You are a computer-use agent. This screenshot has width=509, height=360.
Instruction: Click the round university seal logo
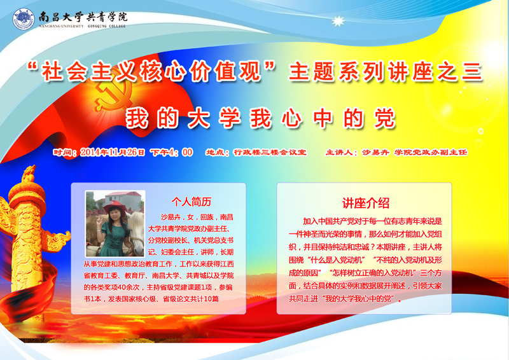[x=24, y=19]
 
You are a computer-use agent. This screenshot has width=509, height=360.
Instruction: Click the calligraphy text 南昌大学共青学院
[x=83, y=17]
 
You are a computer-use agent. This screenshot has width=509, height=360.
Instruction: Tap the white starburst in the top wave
[x=338, y=21]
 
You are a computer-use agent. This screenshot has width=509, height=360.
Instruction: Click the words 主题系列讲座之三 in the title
[x=385, y=72]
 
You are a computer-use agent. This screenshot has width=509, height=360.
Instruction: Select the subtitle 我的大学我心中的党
[x=260, y=118]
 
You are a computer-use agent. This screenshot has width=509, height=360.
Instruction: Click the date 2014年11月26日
[x=113, y=152]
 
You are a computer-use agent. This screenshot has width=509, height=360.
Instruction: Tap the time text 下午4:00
[x=171, y=152]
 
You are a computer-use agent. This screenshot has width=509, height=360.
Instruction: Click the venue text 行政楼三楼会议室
[x=270, y=152]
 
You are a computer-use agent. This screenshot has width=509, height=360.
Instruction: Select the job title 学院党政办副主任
[x=431, y=152]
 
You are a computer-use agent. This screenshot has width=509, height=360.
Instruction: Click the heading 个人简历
[x=192, y=202]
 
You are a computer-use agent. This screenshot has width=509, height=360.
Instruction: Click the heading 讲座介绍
[x=365, y=203]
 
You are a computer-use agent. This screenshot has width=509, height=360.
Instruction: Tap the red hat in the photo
[x=115, y=207]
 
